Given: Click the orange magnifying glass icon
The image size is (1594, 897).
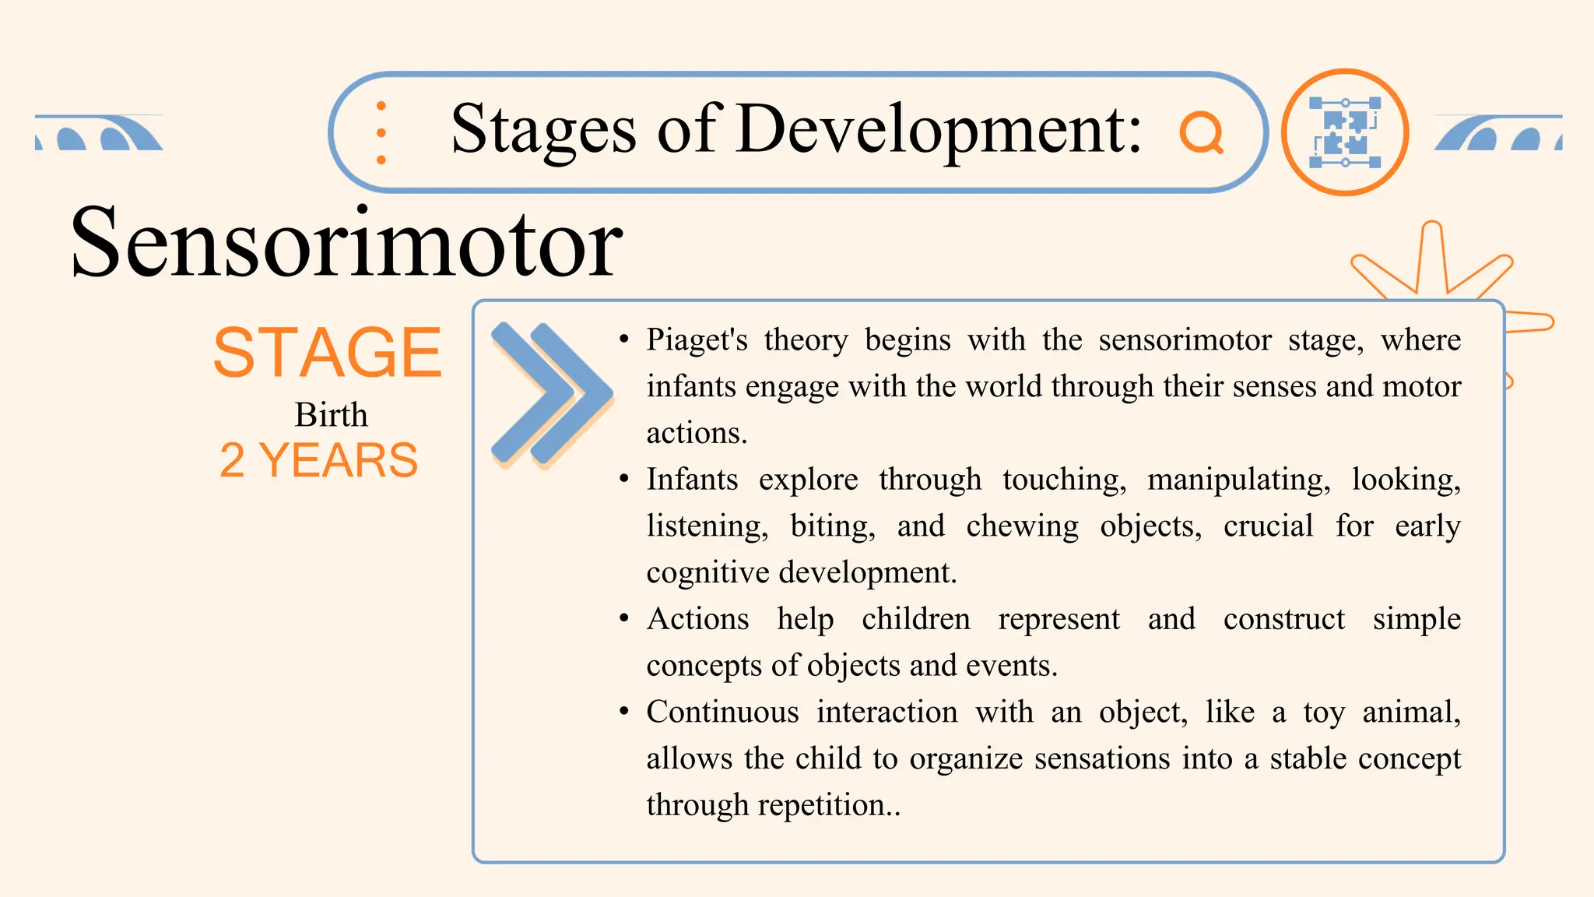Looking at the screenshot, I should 1201,133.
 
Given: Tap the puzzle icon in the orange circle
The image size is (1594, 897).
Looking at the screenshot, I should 1345,132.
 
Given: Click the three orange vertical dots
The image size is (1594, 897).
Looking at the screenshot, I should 381,132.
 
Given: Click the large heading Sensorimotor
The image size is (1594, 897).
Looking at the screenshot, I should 346,243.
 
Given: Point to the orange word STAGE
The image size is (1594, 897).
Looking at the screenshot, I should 328,354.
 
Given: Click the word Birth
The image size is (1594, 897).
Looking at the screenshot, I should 331,415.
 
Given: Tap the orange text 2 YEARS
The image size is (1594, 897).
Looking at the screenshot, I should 319,460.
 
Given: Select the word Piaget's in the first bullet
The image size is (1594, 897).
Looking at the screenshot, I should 697,340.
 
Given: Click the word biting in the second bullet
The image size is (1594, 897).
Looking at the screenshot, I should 832,526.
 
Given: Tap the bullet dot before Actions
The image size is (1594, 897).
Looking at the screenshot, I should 623,619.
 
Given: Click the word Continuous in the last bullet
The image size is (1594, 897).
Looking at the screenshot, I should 722,712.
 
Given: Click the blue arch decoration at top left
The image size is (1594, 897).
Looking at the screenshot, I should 99,133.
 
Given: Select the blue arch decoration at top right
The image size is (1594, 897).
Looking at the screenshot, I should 1497,133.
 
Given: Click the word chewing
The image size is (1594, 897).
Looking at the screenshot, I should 1022,526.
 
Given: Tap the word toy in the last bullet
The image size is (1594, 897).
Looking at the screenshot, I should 1323,712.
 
